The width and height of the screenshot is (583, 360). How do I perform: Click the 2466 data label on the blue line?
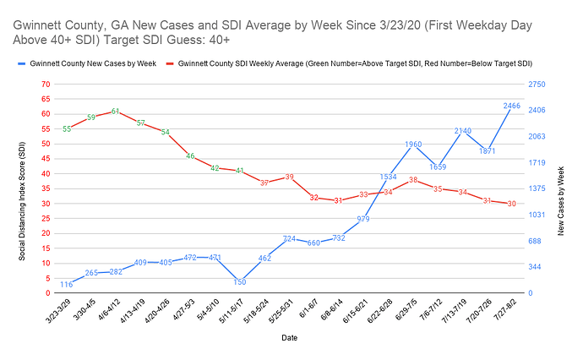coord(511,106)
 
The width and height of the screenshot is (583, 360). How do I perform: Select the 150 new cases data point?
coord(240,281)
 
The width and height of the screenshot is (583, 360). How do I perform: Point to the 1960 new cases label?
coord(412,145)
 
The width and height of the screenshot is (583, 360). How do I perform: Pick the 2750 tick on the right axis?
coord(537,85)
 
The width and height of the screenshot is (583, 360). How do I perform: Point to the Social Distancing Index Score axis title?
coord(23,188)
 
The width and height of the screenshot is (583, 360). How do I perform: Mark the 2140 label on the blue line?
coord(462,131)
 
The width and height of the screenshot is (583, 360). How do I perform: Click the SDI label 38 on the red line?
coord(412,180)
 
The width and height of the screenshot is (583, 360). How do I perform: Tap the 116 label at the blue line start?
coord(67,285)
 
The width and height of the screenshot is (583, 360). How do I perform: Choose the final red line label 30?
coord(511,204)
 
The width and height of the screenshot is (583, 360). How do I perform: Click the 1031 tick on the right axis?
coord(537,215)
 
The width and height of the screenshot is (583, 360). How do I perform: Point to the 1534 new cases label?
coord(388,177)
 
